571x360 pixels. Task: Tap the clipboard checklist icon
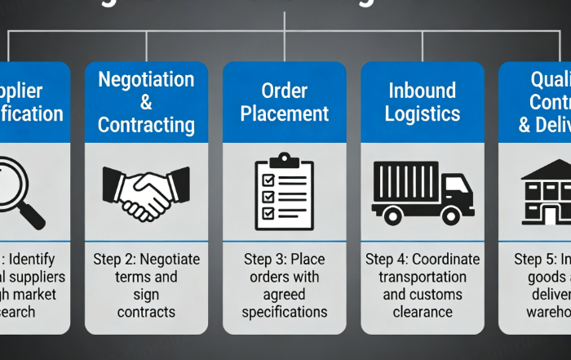(284, 193)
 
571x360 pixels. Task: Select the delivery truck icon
(421, 193)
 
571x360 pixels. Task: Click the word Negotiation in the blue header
(146, 80)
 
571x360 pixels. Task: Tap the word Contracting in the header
(146, 125)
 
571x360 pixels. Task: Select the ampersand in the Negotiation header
(146, 103)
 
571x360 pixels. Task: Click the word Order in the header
(284, 90)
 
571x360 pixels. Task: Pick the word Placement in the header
(284, 113)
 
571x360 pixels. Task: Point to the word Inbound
(422, 90)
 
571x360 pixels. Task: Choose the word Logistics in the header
(422, 113)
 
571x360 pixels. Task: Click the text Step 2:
(117, 260)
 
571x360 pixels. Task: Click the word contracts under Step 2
(146, 312)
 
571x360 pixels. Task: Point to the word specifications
(284, 312)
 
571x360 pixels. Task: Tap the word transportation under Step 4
(422, 277)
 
